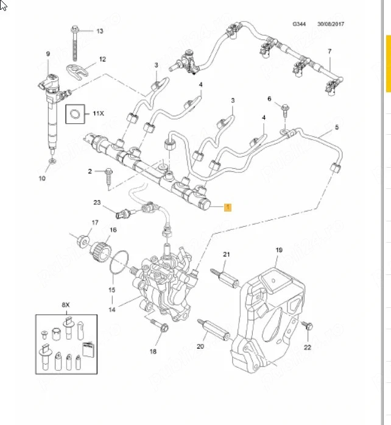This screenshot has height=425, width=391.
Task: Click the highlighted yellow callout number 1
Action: pos(228,207)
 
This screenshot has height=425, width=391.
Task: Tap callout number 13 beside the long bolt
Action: pos(100,31)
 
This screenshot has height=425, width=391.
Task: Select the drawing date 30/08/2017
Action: pos(331,24)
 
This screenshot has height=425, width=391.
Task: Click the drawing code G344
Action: pos(299,24)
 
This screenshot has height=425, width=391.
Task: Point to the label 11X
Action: pos(98,113)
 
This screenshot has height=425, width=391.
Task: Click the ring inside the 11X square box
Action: pos(76,114)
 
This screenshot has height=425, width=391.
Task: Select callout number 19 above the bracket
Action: pos(279,250)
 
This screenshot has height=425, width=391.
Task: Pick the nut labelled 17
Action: pos(83,241)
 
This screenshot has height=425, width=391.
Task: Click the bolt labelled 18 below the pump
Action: pos(160,325)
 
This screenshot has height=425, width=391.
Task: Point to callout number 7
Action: pos(329,51)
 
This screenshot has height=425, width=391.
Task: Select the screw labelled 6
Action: pos(285,110)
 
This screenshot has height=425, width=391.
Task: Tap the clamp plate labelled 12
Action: pos(77,71)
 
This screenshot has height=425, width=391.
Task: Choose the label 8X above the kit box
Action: pos(66,305)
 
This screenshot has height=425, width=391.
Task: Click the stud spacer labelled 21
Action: pos(225,278)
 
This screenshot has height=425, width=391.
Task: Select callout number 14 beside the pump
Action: pos(112,310)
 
